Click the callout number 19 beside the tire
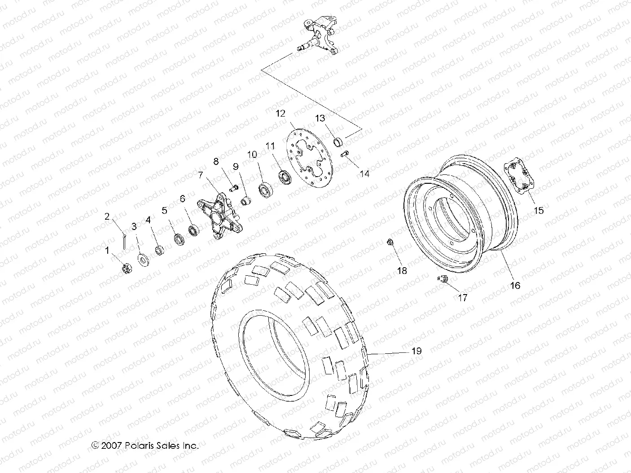[416, 351]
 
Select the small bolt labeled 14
[345, 156]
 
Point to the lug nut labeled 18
[390, 243]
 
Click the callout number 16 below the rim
[515, 285]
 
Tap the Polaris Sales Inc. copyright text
[145, 446]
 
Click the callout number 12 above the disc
[280, 113]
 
